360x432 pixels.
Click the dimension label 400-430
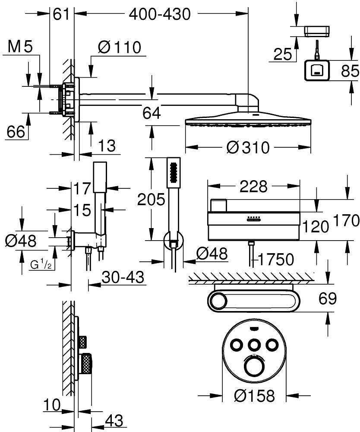tap(160, 15)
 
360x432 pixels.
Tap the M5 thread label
tap(20, 48)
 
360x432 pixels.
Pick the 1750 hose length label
tap(276, 259)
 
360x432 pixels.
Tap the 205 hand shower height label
tap(151, 199)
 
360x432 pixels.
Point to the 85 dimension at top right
tap(350, 70)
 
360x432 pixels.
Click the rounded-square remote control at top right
tap(317, 70)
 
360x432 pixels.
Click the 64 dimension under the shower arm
tap(152, 113)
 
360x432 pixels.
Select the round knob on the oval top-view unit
tap(218, 299)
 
